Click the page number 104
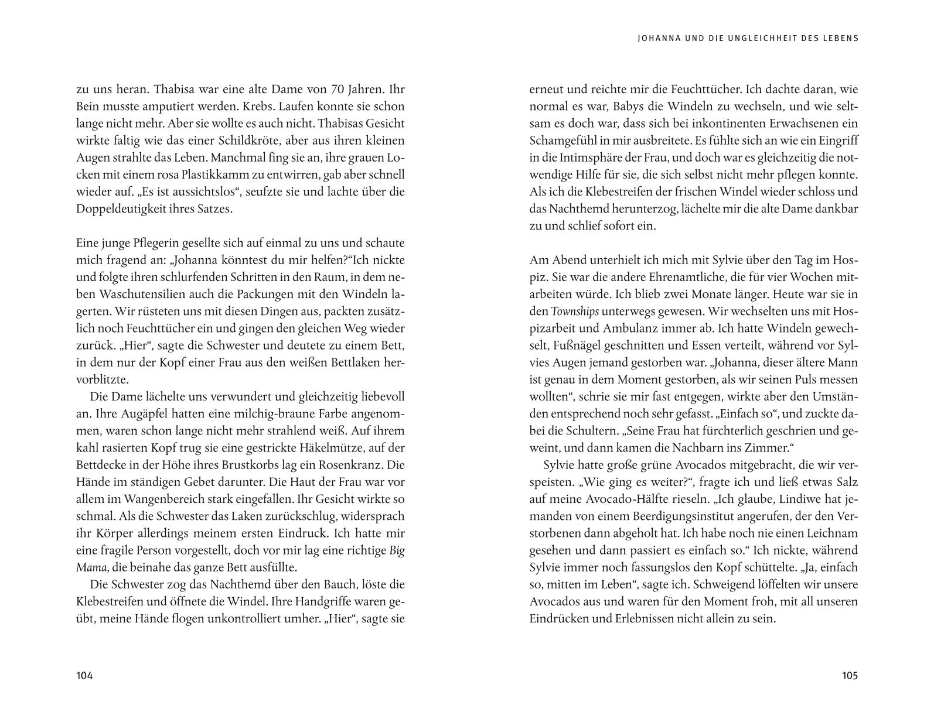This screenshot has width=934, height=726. [x=85, y=676]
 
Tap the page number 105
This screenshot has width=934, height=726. [x=850, y=676]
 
